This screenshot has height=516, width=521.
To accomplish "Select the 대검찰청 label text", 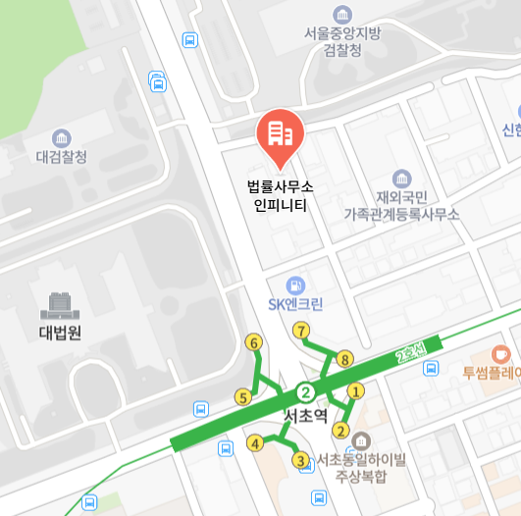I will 62,157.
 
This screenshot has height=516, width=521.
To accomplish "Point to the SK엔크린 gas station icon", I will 296,284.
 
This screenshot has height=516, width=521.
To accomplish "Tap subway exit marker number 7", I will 301,331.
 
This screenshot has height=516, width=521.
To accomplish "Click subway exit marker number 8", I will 344,360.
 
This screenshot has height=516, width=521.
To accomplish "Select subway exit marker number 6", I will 254,343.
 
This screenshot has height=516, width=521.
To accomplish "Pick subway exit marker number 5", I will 242,397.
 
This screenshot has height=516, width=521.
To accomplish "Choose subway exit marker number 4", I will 255,443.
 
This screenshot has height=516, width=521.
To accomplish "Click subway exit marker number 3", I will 300,459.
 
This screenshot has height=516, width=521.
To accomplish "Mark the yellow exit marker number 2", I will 341,430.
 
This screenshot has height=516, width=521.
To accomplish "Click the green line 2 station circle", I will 306,391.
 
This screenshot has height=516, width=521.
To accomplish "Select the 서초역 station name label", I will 304,417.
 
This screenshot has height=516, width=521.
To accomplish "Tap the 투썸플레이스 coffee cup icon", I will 501,353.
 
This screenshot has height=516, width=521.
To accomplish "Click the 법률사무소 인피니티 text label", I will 280,195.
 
